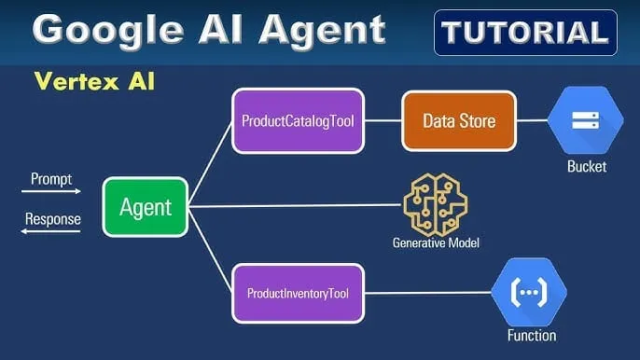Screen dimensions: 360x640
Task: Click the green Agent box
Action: tap(145, 206)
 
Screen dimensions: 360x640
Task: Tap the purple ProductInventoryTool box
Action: tap(298, 294)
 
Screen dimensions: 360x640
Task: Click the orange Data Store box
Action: tap(458, 120)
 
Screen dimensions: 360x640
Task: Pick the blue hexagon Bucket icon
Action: tap(585, 120)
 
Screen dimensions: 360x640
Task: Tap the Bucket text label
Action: tap(586, 167)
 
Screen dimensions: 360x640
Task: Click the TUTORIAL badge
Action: tap(525, 34)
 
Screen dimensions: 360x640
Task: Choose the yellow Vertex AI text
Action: tap(94, 82)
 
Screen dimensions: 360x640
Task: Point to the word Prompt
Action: tap(50, 178)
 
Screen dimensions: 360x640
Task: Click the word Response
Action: tap(52, 220)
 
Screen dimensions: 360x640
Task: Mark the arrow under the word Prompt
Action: tap(51, 192)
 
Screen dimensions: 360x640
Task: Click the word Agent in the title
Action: tap(319, 30)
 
